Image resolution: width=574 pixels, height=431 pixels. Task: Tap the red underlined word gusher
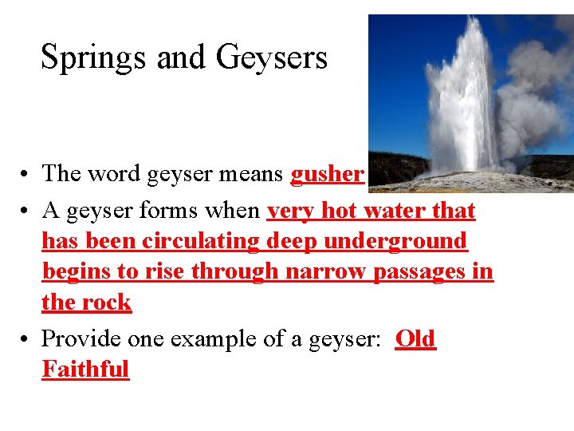(328, 174)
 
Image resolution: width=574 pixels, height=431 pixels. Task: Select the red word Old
(415, 339)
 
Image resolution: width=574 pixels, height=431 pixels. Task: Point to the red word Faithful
(85, 370)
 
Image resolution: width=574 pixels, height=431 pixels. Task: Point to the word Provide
(78, 339)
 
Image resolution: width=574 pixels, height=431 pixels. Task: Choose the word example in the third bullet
(204, 339)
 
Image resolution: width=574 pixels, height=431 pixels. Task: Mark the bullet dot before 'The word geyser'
(26, 174)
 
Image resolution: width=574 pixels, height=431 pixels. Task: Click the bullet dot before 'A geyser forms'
(26, 212)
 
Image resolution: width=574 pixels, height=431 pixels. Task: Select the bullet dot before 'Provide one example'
(26, 339)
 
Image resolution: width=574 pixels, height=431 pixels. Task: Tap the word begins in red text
(77, 271)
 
